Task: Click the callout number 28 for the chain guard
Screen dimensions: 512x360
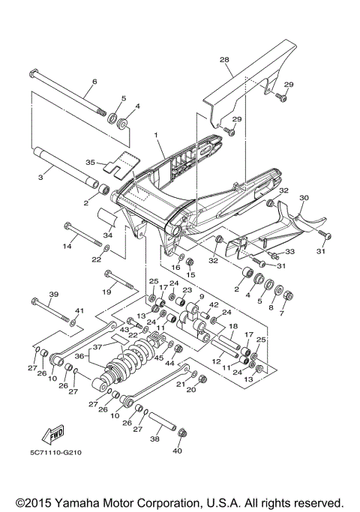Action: (x=224, y=58)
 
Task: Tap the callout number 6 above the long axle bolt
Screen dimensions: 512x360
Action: (x=94, y=82)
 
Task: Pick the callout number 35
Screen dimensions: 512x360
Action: (x=90, y=161)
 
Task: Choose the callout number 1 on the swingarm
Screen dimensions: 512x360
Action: (x=155, y=136)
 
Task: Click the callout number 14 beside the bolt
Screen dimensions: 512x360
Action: (x=65, y=245)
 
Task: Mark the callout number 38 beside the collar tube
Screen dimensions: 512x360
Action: (x=154, y=440)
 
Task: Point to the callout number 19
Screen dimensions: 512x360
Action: (x=106, y=290)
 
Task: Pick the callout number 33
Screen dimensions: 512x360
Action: (x=290, y=252)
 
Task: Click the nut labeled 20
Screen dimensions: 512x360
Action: (x=190, y=390)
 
